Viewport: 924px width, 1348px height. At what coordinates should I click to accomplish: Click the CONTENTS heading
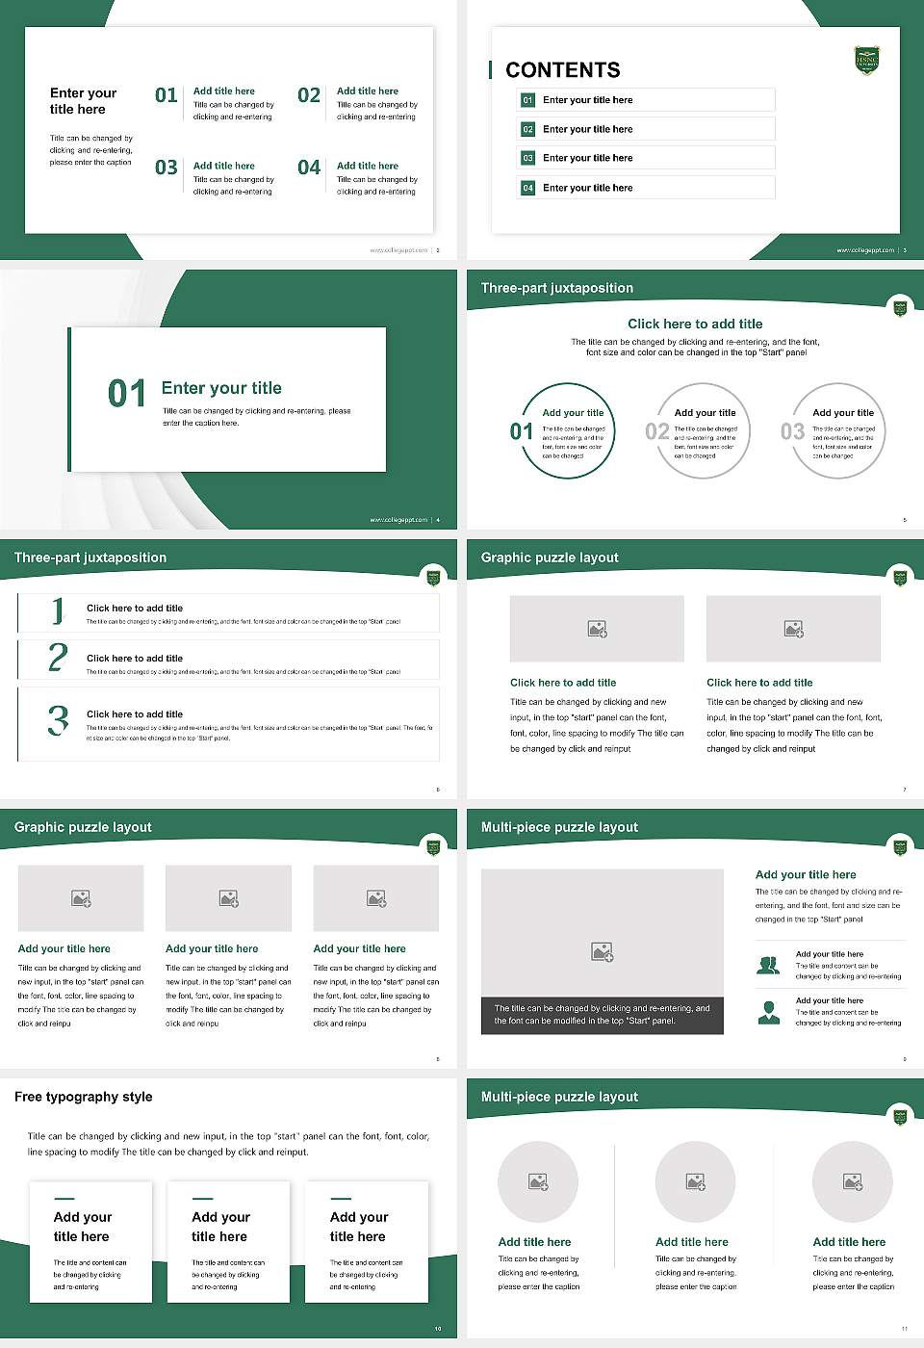coord(562,70)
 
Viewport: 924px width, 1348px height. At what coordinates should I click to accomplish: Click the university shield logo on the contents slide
coord(866,60)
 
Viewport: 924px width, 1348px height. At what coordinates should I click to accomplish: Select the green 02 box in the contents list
coord(527,129)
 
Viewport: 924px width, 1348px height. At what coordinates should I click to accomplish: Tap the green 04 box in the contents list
coord(527,188)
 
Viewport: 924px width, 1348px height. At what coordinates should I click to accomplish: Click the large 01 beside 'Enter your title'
coord(127,393)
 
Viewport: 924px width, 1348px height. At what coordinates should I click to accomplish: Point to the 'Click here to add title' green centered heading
coord(695,324)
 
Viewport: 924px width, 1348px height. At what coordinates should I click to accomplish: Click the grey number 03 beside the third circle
coord(792,431)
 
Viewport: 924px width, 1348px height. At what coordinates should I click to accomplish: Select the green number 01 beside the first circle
coord(521,431)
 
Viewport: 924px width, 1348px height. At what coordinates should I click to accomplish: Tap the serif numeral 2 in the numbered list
coord(58,658)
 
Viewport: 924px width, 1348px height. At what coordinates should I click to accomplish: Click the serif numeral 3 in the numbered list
coord(58,720)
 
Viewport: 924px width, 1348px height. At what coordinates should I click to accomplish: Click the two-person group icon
coord(768,965)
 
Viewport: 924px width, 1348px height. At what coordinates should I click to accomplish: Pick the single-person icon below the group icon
coord(768,1012)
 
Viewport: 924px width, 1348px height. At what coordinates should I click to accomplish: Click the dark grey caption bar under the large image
coord(602,1015)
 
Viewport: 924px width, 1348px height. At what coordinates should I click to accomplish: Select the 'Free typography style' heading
coord(84,1097)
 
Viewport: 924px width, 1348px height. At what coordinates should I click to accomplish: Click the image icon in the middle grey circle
coord(695,1181)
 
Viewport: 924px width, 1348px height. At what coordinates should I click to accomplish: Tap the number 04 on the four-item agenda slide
coord(309,168)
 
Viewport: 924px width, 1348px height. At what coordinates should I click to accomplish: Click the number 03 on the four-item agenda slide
coord(167,168)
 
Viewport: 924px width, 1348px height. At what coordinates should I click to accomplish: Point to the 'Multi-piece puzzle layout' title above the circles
coord(559,1097)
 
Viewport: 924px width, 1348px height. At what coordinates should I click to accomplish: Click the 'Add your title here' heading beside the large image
coord(806,875)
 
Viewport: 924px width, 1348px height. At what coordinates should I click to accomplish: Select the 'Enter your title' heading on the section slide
coord(221,388)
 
